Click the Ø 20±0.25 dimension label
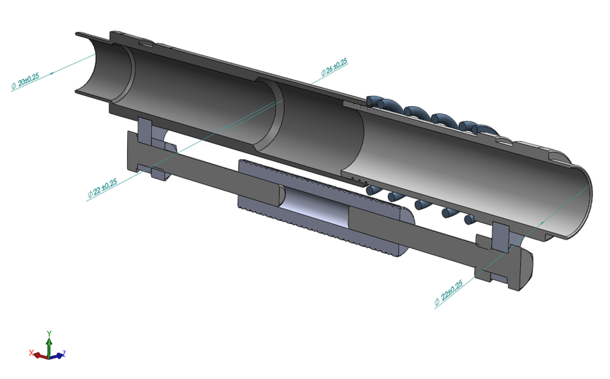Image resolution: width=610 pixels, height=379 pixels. click(x=25, y=81)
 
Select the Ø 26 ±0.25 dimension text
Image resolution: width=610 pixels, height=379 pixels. click(x=334, y=67)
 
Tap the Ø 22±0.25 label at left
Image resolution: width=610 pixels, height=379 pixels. click(x=102, y=189)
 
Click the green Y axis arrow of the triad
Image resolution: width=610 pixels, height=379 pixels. click(x=49, y=340)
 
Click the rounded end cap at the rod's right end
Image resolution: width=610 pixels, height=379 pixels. click(x=526, y=267)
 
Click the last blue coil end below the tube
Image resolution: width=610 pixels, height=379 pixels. click(x=469, y=220)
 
